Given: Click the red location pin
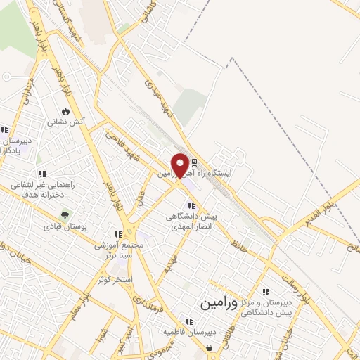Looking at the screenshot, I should click(181, 165).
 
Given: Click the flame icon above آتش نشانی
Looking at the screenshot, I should click(66, 111).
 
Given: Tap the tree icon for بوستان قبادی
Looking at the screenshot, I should click(65, 215).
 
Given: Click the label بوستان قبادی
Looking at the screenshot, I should click(64, 226).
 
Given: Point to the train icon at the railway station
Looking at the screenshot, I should click(195, 162).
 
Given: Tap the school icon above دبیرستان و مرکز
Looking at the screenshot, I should click(265, 292).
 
